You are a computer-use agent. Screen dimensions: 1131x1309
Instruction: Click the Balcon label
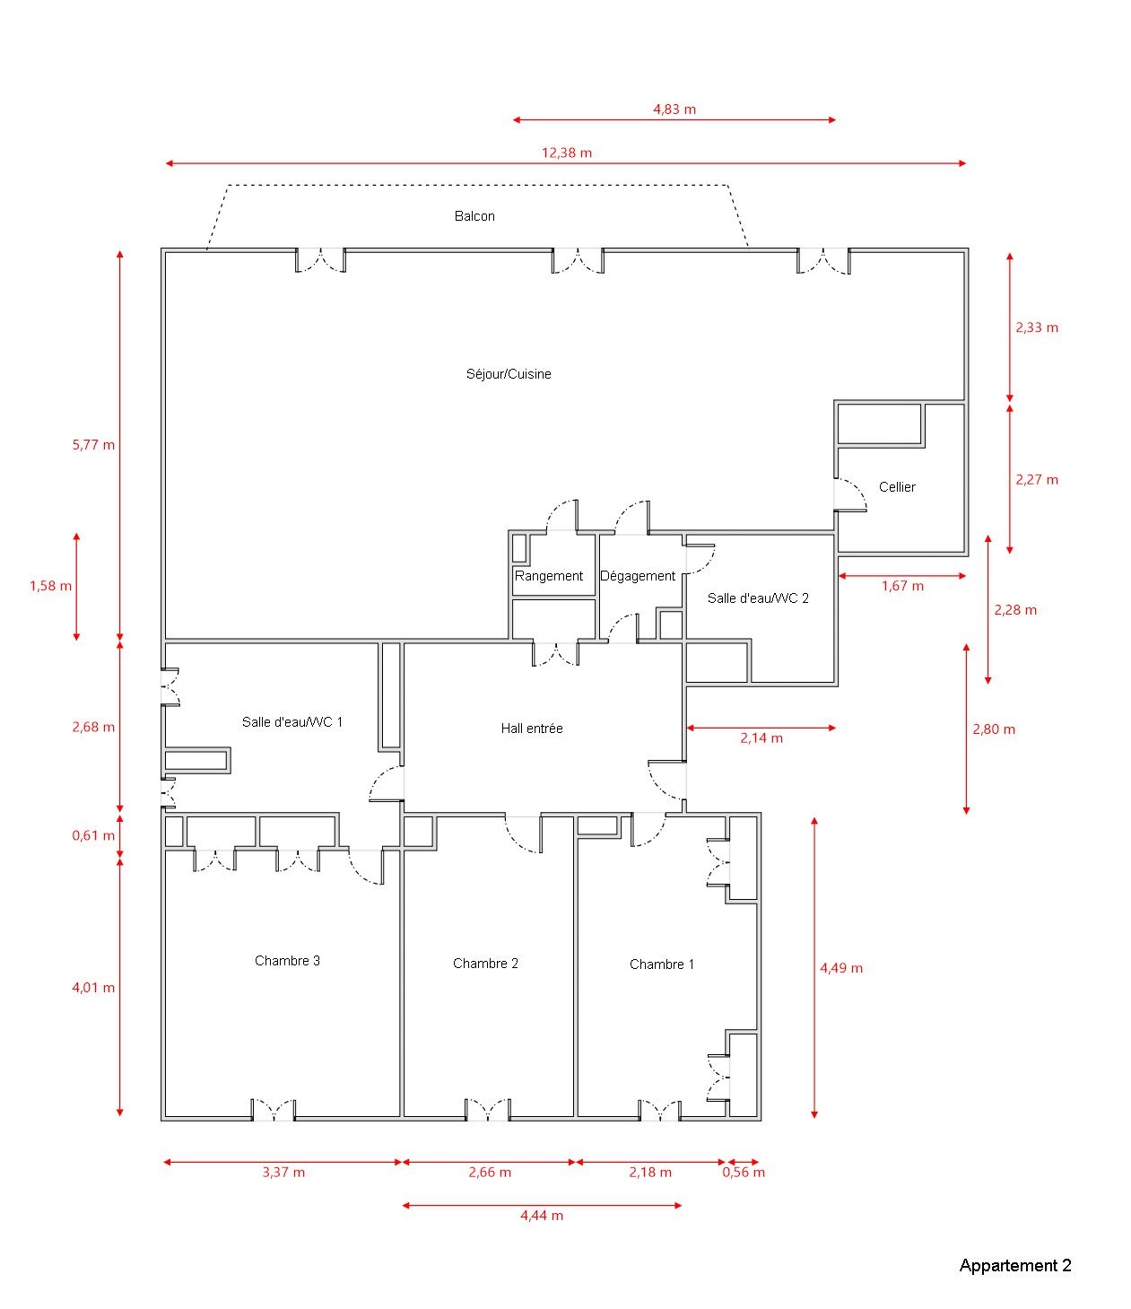(x=474, y=216)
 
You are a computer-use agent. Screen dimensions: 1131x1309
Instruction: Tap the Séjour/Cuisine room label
(x=509, y=374)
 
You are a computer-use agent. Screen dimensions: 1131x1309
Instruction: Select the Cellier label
(x=897, y=487)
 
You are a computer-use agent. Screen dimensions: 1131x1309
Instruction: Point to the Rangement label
(x=548, y=576)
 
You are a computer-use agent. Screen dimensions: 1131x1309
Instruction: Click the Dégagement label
(x=638, y=576)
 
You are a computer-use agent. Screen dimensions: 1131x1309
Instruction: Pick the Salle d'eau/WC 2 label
(x=758, y=598)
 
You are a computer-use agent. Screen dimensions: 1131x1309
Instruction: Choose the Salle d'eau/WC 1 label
(x=291, y=722)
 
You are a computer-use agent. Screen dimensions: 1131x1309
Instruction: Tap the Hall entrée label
(x=532, y=729)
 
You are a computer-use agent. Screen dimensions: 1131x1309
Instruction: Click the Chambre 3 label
(x=288, y=961)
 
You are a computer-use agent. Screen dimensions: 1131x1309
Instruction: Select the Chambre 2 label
(x=486, y=964)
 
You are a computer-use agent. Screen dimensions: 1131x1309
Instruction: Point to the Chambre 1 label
(x=662, y=964)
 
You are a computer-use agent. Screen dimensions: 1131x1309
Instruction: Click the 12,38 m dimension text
(x=567, y=153)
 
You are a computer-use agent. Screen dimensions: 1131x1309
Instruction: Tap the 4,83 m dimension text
(x=674, y=109)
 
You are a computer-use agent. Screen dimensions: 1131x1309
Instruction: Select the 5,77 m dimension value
(x=93, y=445)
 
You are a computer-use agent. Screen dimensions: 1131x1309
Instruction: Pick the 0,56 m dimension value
(x=744, y=1173)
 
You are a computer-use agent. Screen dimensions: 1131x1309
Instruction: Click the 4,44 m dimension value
(x=542, y=1216)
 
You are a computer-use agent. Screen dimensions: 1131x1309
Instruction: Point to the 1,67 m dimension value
(x=902, y=587)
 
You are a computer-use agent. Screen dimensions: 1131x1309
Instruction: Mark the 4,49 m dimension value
(x=841, y=968)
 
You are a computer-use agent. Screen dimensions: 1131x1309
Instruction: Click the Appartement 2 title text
(x=1015, y=1266)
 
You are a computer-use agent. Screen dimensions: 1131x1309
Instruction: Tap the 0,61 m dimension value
(x=93, y=835)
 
